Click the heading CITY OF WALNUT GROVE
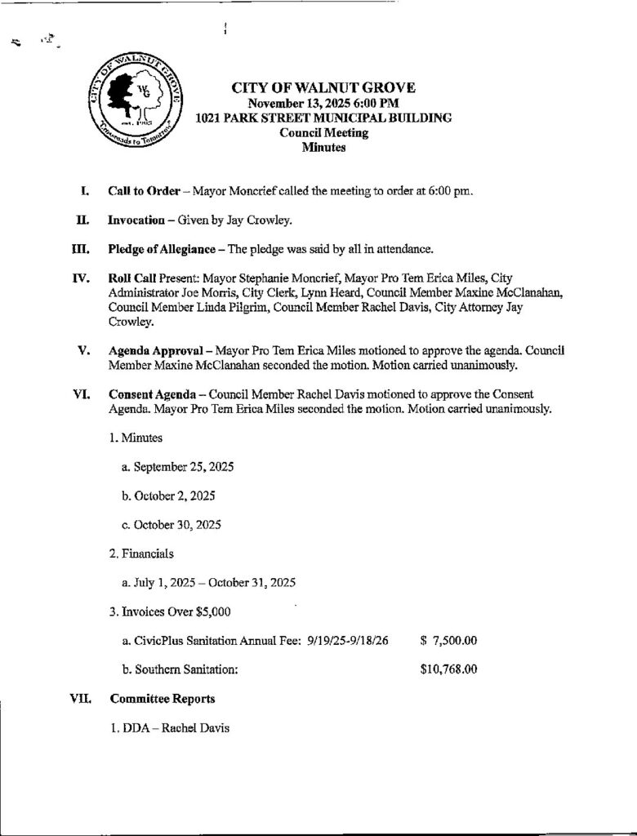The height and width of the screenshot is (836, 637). (323, 88)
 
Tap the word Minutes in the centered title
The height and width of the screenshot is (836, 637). (323, 148)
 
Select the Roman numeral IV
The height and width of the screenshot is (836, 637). (80, 278)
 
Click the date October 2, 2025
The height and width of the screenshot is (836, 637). (169, 496)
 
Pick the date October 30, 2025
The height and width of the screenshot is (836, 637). (171, 524)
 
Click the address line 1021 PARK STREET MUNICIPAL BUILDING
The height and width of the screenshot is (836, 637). (323, 118)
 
